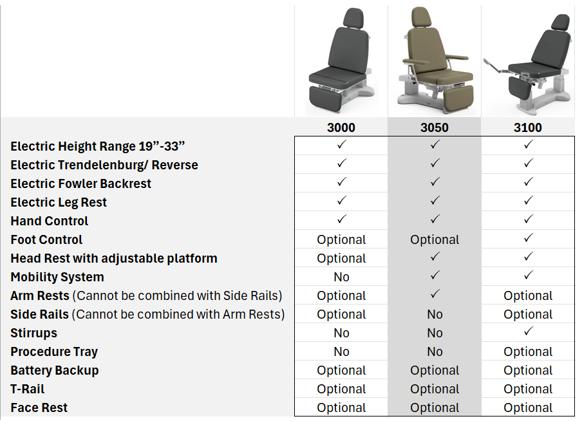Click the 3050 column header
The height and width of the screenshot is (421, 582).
[x=435, y=127]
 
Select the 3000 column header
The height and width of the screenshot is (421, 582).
[x=341, y=127]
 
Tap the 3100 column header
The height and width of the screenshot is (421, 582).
[x=528, y=127]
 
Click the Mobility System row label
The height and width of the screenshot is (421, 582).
[x=57, y=277]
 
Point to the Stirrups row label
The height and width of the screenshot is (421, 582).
[x=34, y=333]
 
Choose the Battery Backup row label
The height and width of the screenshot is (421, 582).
[x=55, y=371]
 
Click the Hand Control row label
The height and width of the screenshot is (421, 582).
[x=50, y=221]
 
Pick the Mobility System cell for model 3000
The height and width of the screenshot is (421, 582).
[x=341, y=277]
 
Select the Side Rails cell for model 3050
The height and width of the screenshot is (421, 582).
[x=435, y=315]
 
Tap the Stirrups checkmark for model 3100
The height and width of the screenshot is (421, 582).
[x=528, y=332]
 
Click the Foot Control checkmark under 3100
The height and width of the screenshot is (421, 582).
[x=528, y=239]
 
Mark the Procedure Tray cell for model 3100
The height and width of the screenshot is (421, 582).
[x=528, y=352]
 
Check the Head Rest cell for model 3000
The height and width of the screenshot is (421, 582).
[x=341, y=259]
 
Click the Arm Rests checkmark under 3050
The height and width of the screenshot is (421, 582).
[x=435, y=295]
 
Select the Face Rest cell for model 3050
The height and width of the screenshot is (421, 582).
[x=435, y=408]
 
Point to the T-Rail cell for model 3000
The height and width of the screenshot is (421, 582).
[x=341, y=389]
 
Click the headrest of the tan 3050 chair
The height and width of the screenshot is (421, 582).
[x=421, y=17]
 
